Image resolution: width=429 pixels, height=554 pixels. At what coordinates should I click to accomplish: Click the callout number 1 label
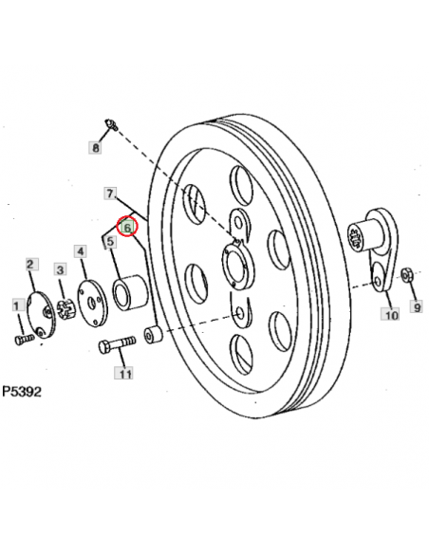[15, 305]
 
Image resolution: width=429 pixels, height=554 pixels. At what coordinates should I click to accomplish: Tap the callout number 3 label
[59, 270]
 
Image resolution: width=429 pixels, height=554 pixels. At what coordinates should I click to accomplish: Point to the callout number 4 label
[81, 251]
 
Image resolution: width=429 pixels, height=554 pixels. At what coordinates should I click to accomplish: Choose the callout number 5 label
[111, 242]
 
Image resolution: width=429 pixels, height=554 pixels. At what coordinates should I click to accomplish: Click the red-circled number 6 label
[126, 228]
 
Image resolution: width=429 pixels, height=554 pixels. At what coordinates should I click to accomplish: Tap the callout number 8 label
[95, 147]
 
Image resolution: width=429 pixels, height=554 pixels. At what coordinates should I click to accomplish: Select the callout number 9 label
[416, 305]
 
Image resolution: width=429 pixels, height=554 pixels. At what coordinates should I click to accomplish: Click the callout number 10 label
[390, 315]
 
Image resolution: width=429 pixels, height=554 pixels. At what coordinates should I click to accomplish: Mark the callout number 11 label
[124, 374]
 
